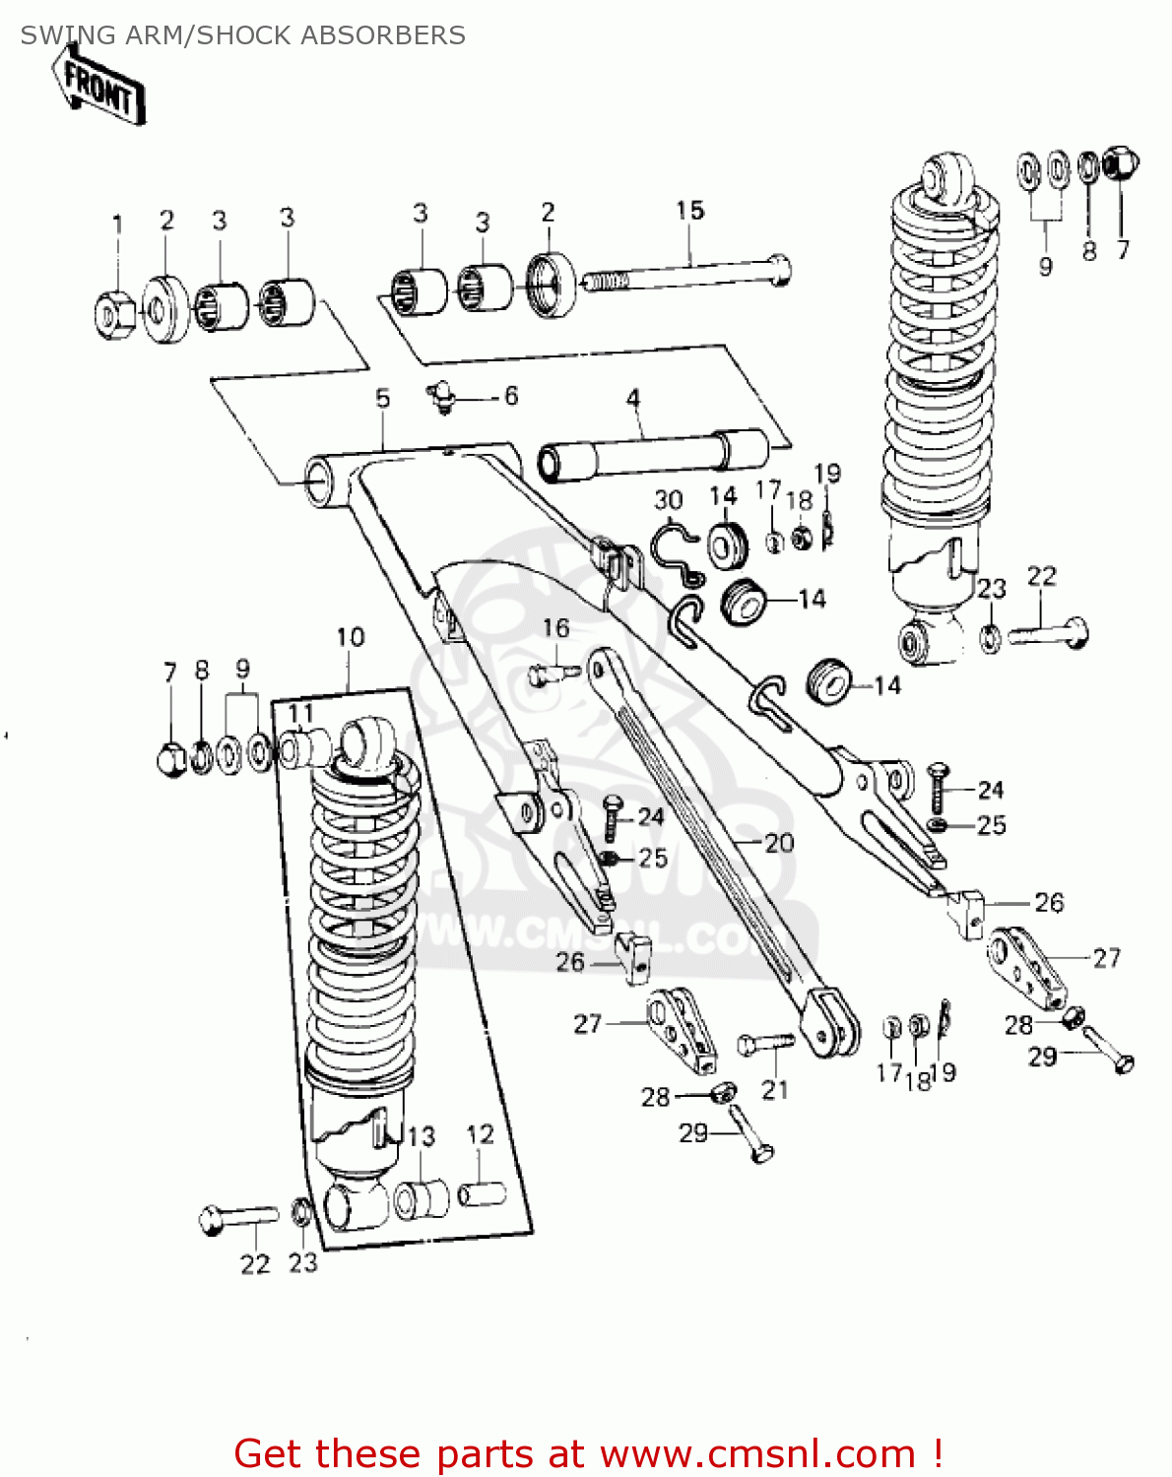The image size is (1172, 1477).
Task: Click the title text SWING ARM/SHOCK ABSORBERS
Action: point(242,35)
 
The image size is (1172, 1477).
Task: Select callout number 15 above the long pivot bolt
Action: point(689,211)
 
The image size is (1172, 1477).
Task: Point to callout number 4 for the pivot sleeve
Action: point(633,400)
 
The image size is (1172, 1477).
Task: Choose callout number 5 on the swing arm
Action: point(382,399)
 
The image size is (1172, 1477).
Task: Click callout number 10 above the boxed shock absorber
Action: point(350,638)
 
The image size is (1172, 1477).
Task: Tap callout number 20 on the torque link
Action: point(778,843)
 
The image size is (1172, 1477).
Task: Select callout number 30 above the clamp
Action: point(669,501)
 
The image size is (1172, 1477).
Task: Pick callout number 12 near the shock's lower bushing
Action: point(480,1135)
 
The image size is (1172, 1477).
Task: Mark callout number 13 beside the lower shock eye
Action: point(422,1137)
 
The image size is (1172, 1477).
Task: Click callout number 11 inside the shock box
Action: point(300,714)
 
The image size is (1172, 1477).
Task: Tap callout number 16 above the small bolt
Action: point(555,628)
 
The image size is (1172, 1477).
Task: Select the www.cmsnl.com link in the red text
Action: point(757,1453)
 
